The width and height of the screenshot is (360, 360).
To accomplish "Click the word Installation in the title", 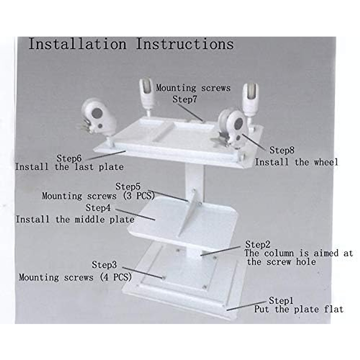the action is coord(77,44).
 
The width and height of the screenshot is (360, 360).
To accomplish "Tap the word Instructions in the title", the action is coord(184,44).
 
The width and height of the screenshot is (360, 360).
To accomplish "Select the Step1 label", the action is coord(281,300).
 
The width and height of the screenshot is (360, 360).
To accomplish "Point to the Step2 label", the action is coord(257,244).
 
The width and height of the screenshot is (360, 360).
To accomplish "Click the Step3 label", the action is coord(104,265).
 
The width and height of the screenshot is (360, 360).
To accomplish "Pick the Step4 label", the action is coord(98,208).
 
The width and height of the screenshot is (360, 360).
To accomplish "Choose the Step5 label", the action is coord(128,186).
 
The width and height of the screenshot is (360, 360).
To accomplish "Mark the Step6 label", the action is coord(69,158).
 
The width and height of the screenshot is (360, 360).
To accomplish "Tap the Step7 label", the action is coord(185,99).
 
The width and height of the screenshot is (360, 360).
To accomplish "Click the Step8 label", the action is coord(282,150).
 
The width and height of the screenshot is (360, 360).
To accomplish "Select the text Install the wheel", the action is coord(296,162).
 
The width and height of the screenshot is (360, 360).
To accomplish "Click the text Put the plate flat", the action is coord(298,309).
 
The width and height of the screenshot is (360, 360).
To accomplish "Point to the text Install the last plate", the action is coord(69,167).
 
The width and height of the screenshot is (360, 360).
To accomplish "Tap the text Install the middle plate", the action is coord(75,219).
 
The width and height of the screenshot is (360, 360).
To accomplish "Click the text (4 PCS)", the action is coord(116,277).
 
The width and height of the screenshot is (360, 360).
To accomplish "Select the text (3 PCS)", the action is coord(139,196).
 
